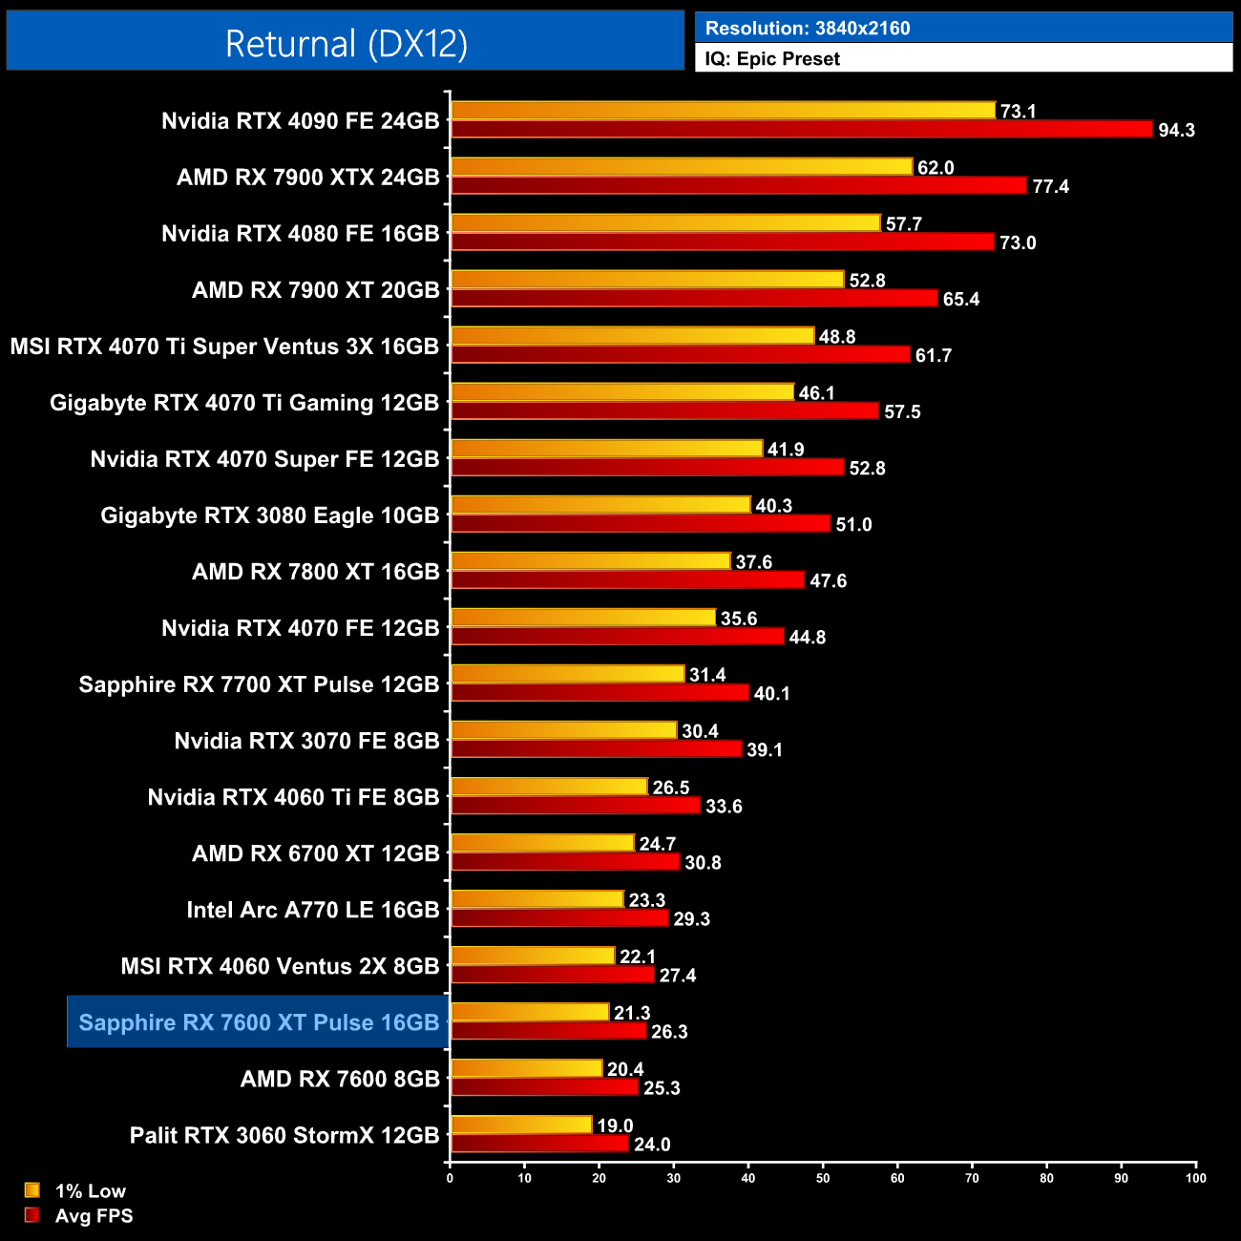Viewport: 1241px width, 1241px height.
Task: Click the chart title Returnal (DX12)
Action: tap(346, 44)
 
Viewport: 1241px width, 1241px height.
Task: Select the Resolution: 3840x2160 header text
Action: tap(808, 28)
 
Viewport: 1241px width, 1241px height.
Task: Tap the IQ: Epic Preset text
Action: tap(772, 59)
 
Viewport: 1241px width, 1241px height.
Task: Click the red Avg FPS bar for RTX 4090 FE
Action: tap(802, 129)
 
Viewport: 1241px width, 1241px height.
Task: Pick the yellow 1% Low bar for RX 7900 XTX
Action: tap(682, 167)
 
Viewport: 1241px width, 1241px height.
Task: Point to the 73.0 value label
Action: tap(1018, 242)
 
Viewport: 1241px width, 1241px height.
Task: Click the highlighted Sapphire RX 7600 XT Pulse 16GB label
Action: tap(259, 1022)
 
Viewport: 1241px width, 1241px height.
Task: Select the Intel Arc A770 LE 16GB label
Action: tap(313, 910)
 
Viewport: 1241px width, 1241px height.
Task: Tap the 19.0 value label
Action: tap(615, 1125)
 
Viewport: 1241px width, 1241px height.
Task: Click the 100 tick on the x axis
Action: tap(1196, 1178)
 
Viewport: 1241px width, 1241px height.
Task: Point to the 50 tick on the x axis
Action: tap(823, 1178)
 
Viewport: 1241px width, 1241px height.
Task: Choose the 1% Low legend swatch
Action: tap(32, 1190)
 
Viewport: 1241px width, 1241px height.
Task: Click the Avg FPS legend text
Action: tap(94, 1216)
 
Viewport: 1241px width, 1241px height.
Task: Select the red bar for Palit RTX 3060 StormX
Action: tap(539, 1144)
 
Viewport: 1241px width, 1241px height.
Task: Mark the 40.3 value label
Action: tap(774, 506)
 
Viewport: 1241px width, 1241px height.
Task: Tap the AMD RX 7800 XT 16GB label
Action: tap(316, 572)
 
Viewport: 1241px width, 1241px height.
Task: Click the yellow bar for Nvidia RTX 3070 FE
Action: tap(563, 730)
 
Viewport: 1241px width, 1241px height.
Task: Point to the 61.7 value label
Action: tap(934, 355)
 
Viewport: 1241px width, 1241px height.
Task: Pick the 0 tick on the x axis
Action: tap(450, 1178)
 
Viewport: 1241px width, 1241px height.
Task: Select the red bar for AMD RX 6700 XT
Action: tap(565, 862)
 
